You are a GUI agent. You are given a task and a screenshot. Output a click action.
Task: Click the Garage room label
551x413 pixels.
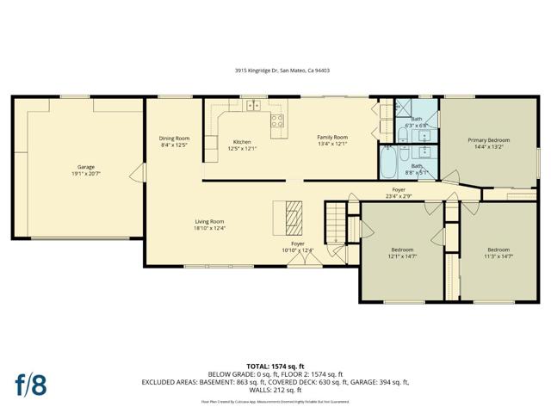coord(86,167)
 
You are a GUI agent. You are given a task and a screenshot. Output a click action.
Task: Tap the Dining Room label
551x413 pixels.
coord(174,139)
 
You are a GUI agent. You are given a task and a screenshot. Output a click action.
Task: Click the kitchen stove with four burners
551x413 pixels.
coord(278,121)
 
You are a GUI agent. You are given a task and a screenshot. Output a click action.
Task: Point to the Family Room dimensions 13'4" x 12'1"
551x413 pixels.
coord(331,145)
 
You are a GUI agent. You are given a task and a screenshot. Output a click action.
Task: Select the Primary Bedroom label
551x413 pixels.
coord(488,140)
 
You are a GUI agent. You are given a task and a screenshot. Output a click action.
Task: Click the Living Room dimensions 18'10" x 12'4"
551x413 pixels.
coord(209,229)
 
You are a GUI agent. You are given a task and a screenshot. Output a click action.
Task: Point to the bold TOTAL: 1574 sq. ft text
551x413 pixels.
coord(275,367)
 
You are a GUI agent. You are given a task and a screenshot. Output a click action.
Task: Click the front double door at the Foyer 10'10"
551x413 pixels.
coord(297,260)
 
